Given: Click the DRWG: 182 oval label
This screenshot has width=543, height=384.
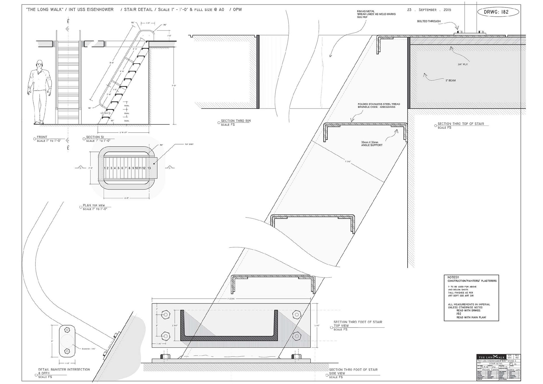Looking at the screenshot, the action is click(x=498, y=12).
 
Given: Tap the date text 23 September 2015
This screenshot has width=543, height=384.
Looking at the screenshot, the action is click(x=429, y=10).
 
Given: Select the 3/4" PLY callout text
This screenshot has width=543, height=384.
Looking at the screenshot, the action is click(x=463, y=64).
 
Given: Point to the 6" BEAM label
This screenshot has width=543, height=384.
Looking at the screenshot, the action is click(x=451, y=81).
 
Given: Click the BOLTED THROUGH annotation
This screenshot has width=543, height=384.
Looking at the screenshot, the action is click(x=429, y=21).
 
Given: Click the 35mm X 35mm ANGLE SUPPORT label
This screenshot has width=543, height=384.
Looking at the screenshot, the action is click(x=372, y=144).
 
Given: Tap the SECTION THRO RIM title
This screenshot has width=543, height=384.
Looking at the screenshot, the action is click(x=236, y=121).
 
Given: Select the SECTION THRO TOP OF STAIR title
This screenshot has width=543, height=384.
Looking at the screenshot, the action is click(x=460, y=124).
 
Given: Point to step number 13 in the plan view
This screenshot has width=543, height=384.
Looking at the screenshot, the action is click(x=149, y=168).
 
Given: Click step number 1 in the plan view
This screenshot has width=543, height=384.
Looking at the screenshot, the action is click(x=105, y=168).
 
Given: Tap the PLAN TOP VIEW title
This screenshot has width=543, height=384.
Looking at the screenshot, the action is click(x=94, y=206).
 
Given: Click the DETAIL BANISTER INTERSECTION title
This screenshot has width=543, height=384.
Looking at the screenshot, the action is click(x=64, y=370).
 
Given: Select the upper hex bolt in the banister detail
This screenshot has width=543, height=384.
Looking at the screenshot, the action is click(x=67, y=330).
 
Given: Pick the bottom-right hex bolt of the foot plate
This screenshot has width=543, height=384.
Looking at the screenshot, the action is click(x=296, y=336).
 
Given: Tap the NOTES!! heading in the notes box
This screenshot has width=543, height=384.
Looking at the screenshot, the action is click(x=453, y=277).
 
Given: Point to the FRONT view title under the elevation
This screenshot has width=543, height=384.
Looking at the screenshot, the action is click(x=42, y=137).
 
